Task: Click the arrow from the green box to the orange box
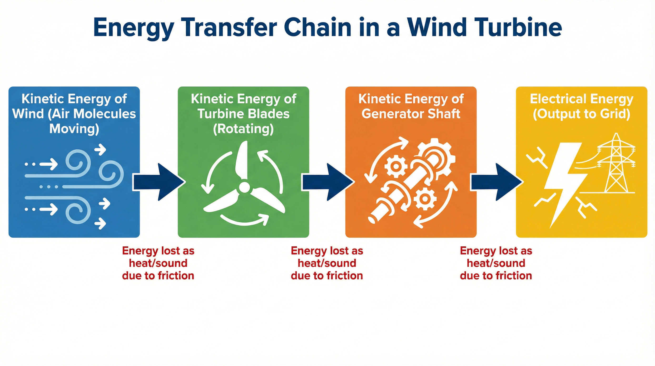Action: click(328, 182)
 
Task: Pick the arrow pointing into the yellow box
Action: click(497, 182)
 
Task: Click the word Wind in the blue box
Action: click(28, 114)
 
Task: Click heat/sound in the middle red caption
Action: click(327, 263)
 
